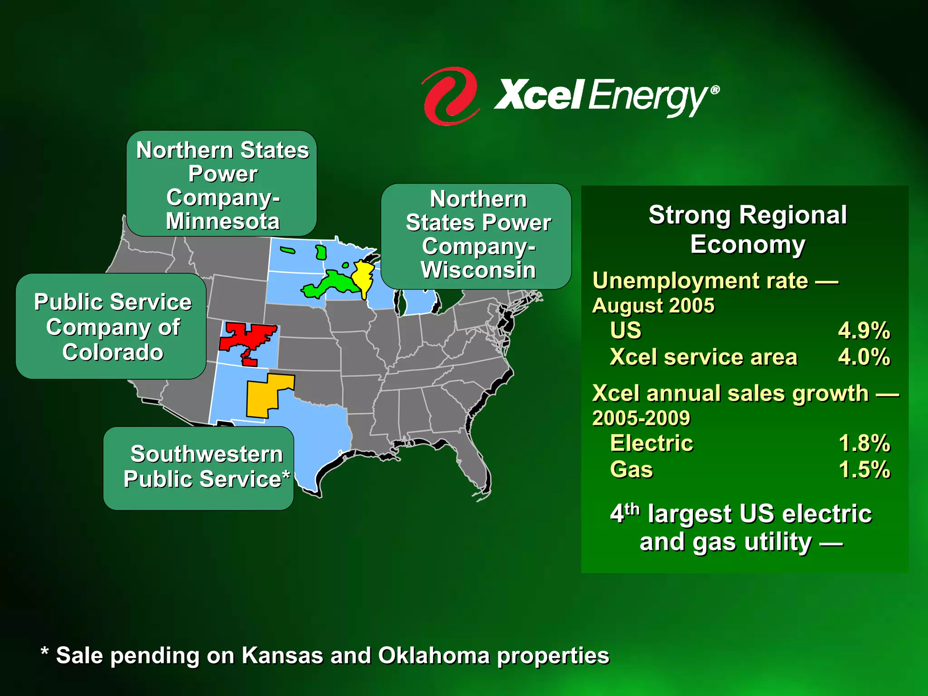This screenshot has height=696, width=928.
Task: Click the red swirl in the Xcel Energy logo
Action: tap(449, 96)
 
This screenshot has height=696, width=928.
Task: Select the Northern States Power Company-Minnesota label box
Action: tap(222, 184)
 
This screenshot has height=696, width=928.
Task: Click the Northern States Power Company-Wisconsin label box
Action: tap(476, 236)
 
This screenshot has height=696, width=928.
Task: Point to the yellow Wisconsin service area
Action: tap(363, 276)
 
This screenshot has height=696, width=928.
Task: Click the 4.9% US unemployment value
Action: tap(864, 330)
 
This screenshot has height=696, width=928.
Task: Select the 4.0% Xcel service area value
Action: tap(864, 357)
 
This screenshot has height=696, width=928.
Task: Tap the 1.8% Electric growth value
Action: tap(864, 443)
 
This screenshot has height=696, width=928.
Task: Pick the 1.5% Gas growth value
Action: tap(864, 469)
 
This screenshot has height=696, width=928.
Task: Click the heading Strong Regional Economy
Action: tap(748, 229)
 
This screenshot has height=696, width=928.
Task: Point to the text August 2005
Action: tap(653, 306)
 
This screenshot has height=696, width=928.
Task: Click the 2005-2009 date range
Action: tap(641, 418)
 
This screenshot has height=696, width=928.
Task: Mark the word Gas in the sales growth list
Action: tap(631, 469)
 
